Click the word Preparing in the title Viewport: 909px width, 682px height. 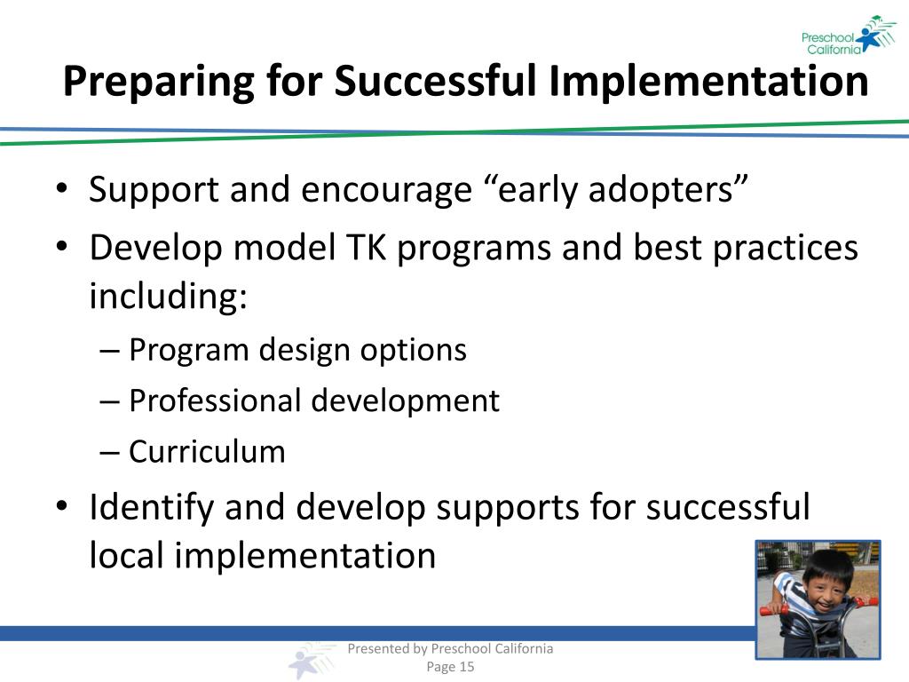pos(159,82)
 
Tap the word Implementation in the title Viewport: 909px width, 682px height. pos(708,80)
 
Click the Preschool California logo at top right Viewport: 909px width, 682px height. pos(849,36)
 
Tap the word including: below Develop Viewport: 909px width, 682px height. pos(168,296)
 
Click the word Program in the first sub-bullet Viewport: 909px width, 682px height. pos(188,351)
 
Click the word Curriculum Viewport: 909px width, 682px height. pos(207,452)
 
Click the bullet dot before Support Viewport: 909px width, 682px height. pos(62,189)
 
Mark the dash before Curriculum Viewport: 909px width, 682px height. pos(109,452)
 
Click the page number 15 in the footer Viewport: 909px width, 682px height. pos(467,667)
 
